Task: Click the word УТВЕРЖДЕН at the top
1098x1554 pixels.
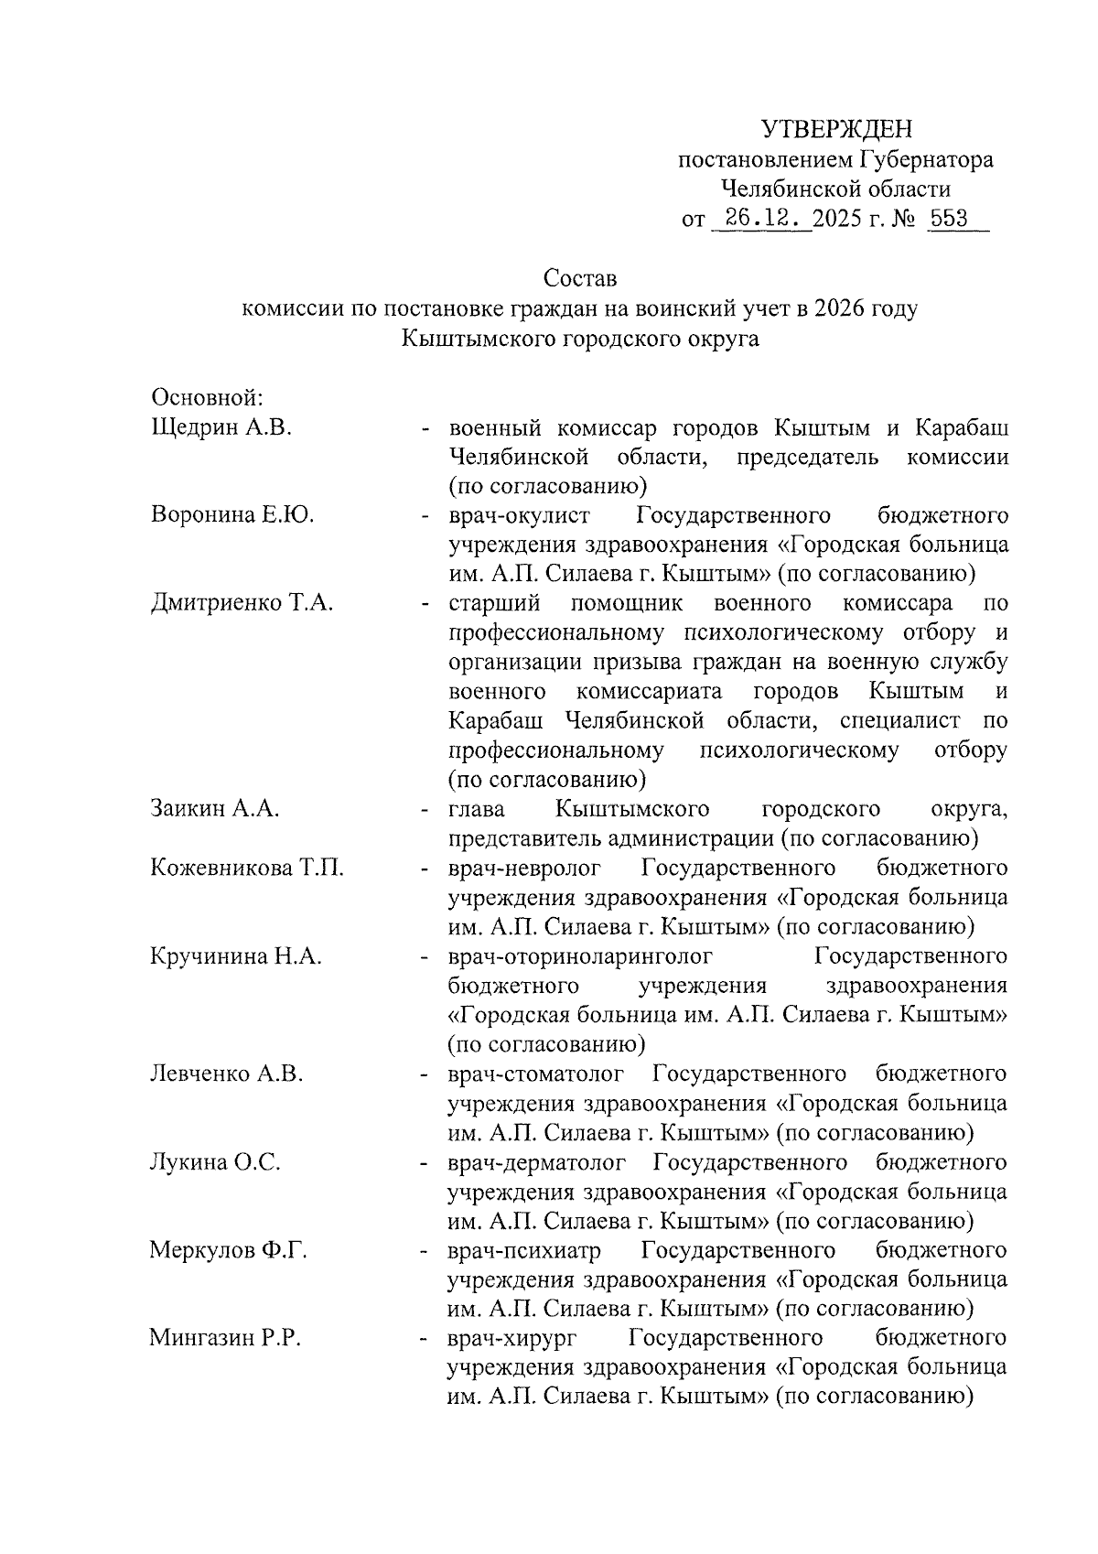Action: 838,128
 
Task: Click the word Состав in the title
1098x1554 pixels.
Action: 580,276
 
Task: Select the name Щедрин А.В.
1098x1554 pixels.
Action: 221,427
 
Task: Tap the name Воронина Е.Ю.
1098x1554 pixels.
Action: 232,515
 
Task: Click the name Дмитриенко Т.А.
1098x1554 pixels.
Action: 242,604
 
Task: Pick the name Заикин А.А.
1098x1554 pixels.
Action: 215,809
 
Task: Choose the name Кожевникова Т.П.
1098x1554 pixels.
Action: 247,868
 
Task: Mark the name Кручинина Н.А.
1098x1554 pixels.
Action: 235,956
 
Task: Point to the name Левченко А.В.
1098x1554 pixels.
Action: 226,1074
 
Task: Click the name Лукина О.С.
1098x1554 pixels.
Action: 215,1162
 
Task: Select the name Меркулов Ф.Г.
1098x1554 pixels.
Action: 228,1250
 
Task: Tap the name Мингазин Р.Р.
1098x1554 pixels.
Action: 225,1338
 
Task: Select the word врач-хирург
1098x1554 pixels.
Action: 511,1339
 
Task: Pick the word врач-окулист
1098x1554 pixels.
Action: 519,515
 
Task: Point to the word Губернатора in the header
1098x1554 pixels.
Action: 925,159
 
